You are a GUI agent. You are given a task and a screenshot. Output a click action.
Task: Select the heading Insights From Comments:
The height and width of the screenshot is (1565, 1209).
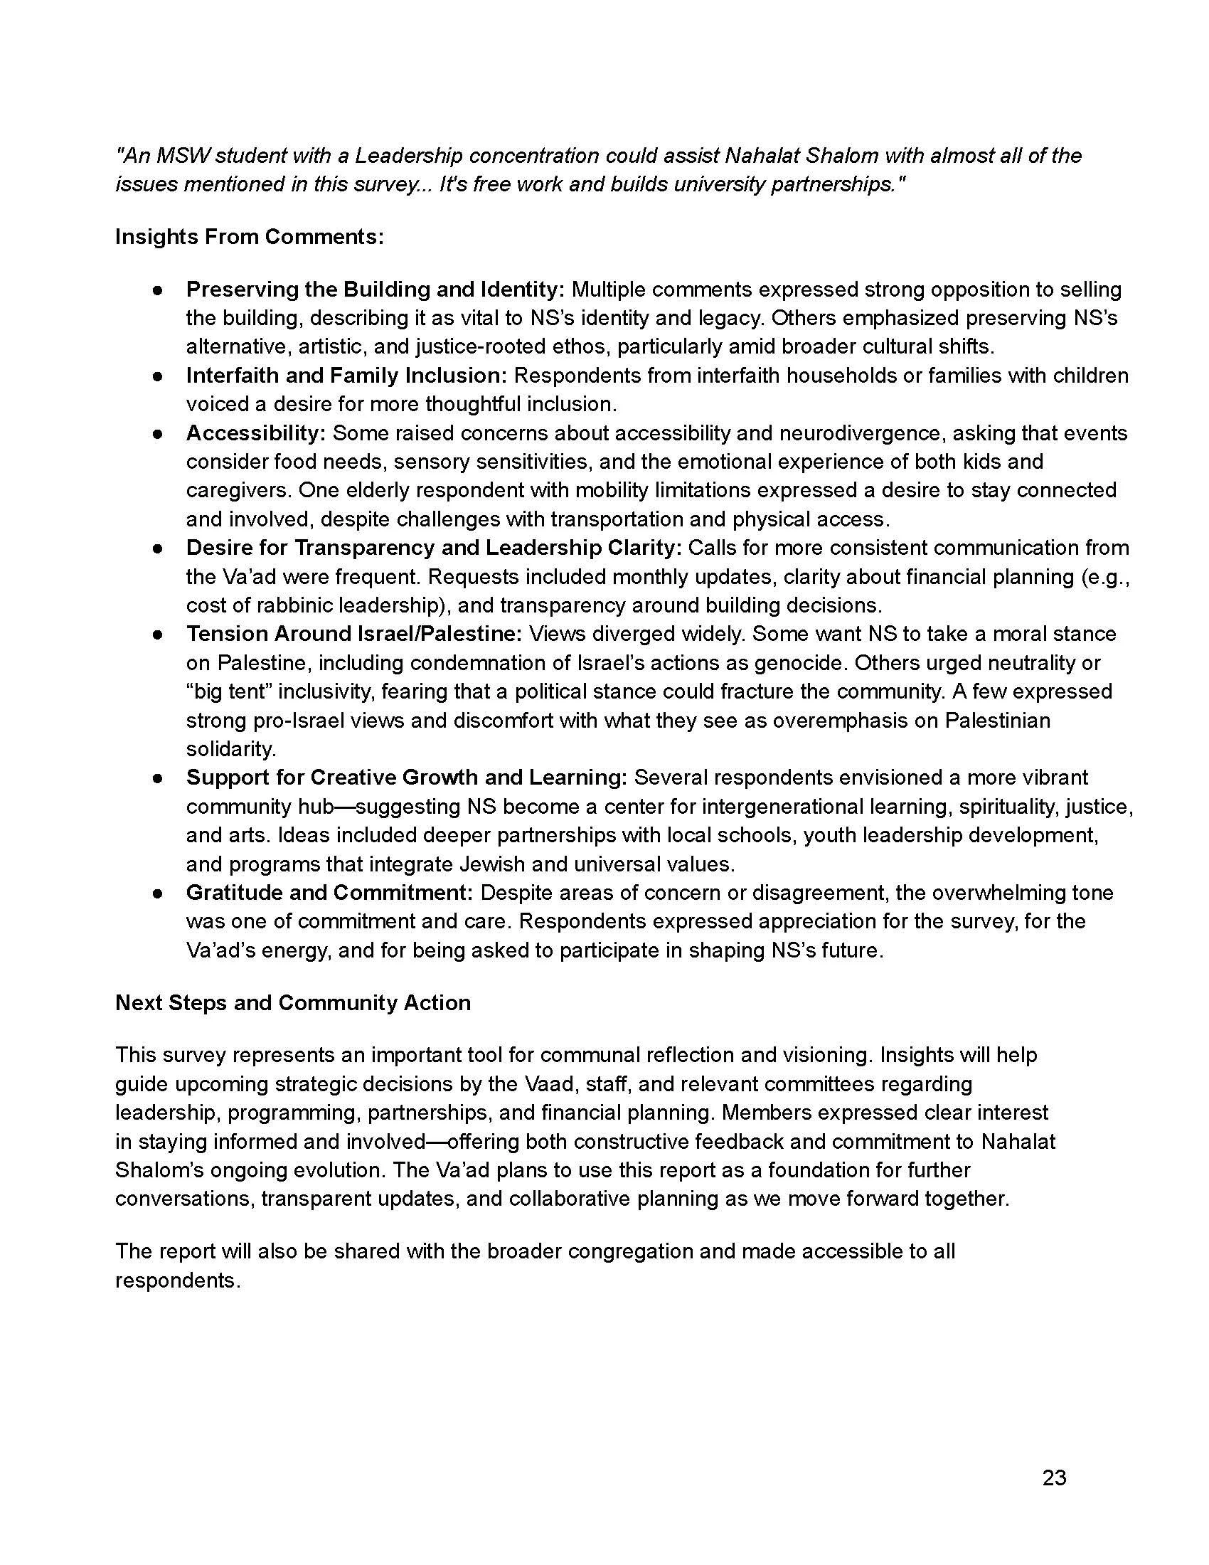coord(249,236)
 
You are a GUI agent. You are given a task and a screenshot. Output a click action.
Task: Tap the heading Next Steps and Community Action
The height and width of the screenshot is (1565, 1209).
coord(293,1002)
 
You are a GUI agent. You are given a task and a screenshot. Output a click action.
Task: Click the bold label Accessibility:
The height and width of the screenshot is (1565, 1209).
coord(256,433)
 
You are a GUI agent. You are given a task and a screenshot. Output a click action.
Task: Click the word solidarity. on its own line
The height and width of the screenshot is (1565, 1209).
coord(230,749)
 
